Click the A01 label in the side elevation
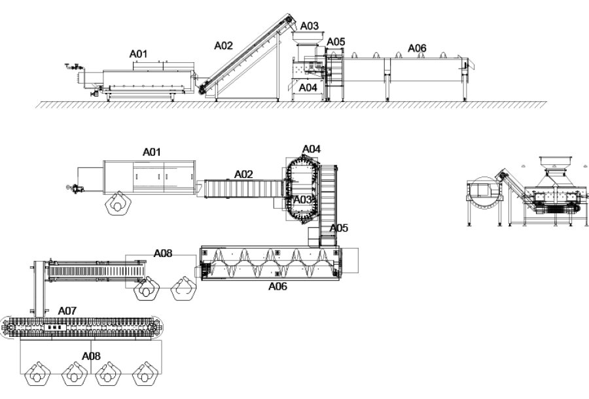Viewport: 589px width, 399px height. [x=138, y=54]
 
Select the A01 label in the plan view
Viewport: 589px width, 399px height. [x=152, y=152]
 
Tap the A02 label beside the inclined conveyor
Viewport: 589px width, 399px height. [x=224, y=46]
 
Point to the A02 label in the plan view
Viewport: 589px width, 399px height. [x=244, y=174]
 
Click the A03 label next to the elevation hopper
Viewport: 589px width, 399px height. [x=310, y=26]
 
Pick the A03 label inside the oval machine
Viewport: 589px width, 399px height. [x=302, y=199]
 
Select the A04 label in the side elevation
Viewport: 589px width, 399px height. [x=308, y=88]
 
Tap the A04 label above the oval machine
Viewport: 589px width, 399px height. [x=312, y=149]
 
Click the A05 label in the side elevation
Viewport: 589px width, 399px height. [x=336, y=42]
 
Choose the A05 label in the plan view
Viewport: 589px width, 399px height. [x=339, y=228]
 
